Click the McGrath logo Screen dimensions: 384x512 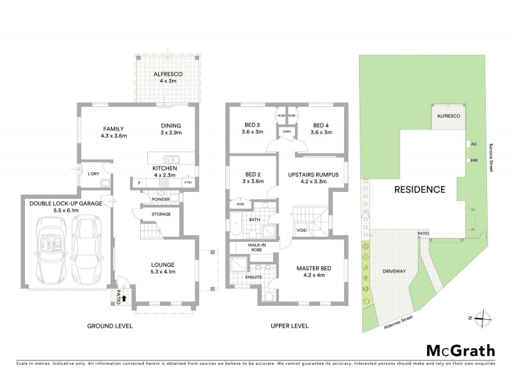pyautogui.click(x=460, y=350)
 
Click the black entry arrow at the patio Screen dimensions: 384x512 pyautogui.click(x=124, y=297)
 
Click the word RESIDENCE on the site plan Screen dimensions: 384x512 pyautogui.click(x=419, y=189)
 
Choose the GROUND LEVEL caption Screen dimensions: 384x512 pyautogui.click(x=109, y=326)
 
